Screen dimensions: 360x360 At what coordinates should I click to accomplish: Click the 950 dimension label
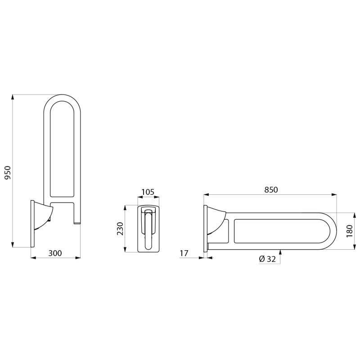tap(8, 171)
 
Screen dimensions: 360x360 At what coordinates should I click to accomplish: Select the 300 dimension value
tap(54, 253)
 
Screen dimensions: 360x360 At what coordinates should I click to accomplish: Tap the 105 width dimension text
tap(148, 192)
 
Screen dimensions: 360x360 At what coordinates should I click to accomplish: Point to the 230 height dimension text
tap(120, 229)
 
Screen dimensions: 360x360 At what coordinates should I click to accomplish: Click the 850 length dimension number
tap(271, 190)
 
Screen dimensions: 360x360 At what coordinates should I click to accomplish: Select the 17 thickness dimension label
tap(184, 253)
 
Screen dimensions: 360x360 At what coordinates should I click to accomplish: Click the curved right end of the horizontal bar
tap(333, 230)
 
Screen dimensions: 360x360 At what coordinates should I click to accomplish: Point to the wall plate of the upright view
tap(32, 224)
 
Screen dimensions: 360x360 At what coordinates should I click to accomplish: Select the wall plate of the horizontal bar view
tap(205, 228)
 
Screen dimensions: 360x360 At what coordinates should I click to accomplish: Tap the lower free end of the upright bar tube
tap(77, 222)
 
